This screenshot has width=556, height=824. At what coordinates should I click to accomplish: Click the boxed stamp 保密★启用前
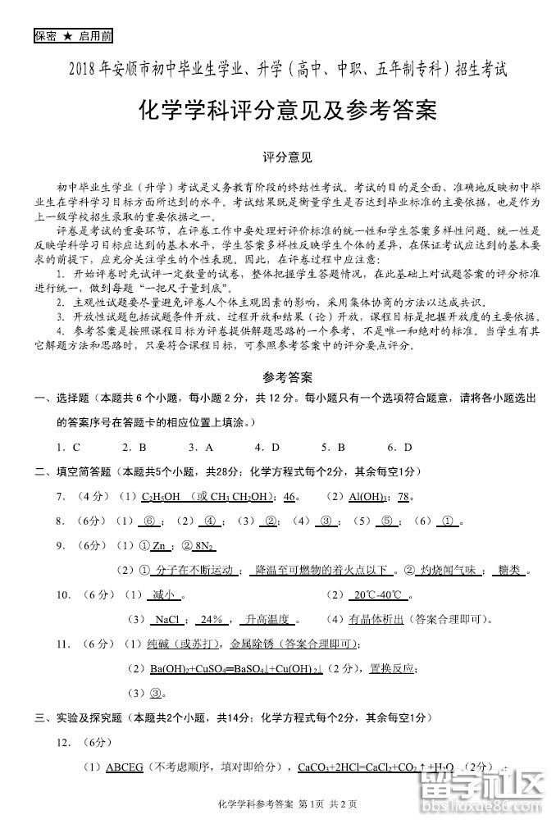[x=73, y=36]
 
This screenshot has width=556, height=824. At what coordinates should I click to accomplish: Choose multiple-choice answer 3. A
[x=200, y=447]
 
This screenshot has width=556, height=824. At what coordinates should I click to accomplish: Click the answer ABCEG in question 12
[x=125, y=767]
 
